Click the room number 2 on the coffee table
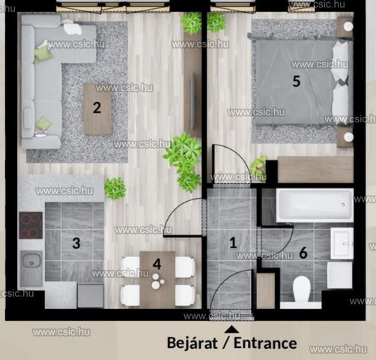(97, 108)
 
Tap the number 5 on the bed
(296, 81)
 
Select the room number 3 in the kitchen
(76, 243)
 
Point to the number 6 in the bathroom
(303, 253)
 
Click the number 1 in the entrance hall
(233, 242)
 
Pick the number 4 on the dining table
(157, 264)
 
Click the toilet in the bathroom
(301, 290)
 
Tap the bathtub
(315, 205)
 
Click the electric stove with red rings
(31, 225)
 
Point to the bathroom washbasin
(342, 243)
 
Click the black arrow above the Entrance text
(231, 329)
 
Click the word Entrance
(265, 343)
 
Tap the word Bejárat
(192, 343)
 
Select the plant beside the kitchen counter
(115, 188)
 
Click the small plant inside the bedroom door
(259, 166)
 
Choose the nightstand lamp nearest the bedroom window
(348, 26)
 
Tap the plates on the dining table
(157, 281)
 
